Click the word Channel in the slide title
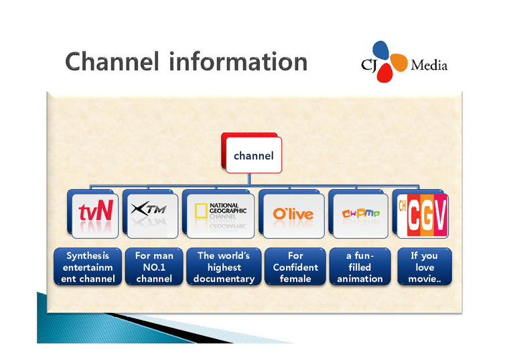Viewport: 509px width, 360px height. coord(113,62)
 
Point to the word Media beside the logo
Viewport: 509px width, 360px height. coord(429,66)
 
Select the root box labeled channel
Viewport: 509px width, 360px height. coord(254,156)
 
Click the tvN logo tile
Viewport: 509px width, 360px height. coord(96,213)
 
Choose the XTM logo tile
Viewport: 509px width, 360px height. coord(151,213)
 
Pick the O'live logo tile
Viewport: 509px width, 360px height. coord(293,213)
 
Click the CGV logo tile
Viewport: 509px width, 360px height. coord(422,213)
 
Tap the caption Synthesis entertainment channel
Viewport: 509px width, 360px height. coord(88,267)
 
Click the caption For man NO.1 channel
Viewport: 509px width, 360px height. coord(154,267)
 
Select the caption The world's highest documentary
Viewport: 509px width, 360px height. coord(224,267)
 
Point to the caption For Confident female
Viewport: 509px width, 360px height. coord(295,267)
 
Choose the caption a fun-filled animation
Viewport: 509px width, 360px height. coord(360,267)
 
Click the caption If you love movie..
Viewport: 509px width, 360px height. coord(424,267)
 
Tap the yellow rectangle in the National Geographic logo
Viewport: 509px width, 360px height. coord(200,212)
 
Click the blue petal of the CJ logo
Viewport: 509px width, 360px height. coord(381,49)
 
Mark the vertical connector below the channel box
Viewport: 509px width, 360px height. coord(249,179)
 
